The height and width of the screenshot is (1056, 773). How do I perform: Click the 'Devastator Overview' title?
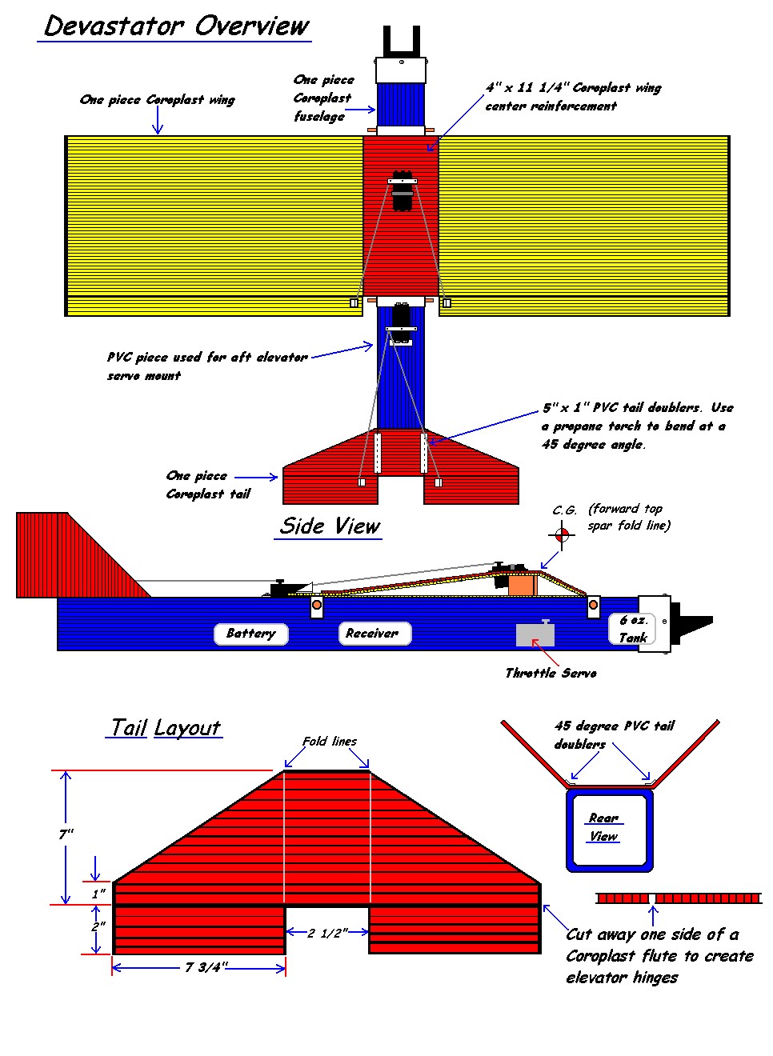tap(176, 26)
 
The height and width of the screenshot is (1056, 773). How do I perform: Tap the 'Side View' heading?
tap(329, 526)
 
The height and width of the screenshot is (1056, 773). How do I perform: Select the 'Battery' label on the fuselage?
tap(250, 633)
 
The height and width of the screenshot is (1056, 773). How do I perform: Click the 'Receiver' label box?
tap(374, 633)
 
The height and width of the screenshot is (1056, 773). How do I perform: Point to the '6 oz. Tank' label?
tap(632, 629)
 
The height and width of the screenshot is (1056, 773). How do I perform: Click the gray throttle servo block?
tap(535, 634)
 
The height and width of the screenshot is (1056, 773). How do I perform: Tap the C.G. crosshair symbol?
tap(561, 534)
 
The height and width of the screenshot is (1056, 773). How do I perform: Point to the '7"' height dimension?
tap(66, 834)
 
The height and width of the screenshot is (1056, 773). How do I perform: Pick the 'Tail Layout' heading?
tap(165, 727)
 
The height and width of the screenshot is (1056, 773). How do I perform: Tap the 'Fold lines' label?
tap(329, 742)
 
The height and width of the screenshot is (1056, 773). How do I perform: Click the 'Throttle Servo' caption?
tap(551, 674)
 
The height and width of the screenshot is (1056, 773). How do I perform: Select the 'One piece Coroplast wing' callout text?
tap(158, 100)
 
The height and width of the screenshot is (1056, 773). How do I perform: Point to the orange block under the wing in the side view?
tap(523, 585)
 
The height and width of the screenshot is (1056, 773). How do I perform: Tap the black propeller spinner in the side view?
tap(695, 622)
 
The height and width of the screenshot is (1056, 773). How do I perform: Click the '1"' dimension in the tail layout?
tap(98, 894)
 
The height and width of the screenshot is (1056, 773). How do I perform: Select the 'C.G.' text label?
tap(564, 511)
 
